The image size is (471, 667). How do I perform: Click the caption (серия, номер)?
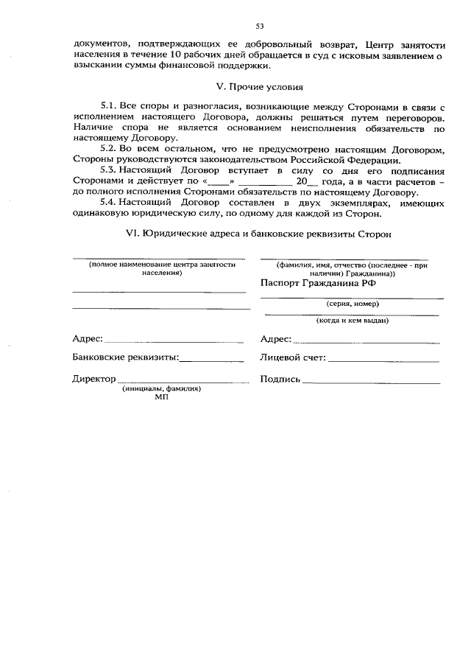[x=353, y=303]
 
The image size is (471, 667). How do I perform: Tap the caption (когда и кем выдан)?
[x=353, y=321]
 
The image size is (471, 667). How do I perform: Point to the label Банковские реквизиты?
[x=126, y=357]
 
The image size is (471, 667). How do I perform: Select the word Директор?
[x=94, y=379]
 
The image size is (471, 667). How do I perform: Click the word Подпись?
[x=280, y=379]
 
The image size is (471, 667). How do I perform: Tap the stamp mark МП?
[x=162, y=397]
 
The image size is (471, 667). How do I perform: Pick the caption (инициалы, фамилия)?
[x=162, y=388]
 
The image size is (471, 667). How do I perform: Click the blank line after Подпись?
[x=371, y=383]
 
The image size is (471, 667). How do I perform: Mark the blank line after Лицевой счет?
[x=383, y=361]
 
